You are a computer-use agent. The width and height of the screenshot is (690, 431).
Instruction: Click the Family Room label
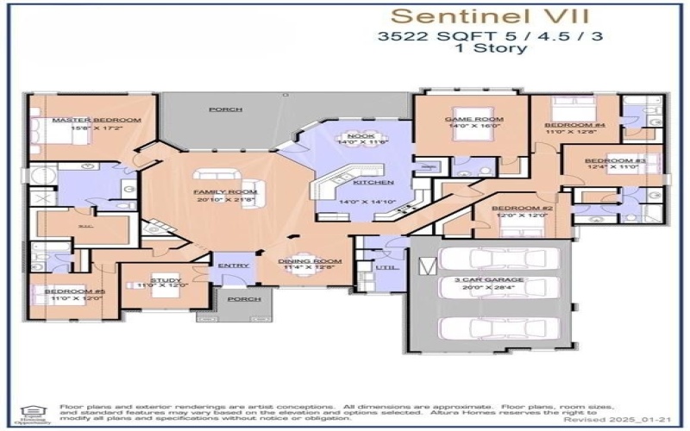[x=213, y=191]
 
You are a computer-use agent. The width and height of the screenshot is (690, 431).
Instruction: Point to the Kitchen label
[x=379, y=183]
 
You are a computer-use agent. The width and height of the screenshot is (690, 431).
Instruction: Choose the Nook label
[x=357, y=136]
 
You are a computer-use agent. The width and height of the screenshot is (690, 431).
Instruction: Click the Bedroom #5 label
[x=62, y=291]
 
